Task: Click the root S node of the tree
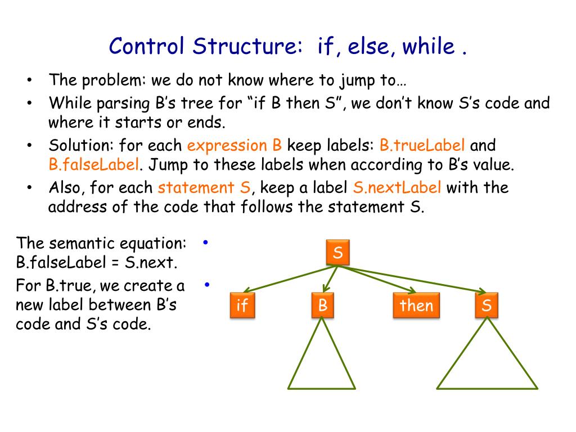338,253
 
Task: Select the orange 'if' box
242,305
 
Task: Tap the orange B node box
322,305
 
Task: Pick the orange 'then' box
416,305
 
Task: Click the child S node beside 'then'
487,305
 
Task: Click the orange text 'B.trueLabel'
422,146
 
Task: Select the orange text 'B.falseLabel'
93,165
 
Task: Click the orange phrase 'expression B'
235,146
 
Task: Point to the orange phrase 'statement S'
205,187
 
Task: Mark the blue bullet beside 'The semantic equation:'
206,243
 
